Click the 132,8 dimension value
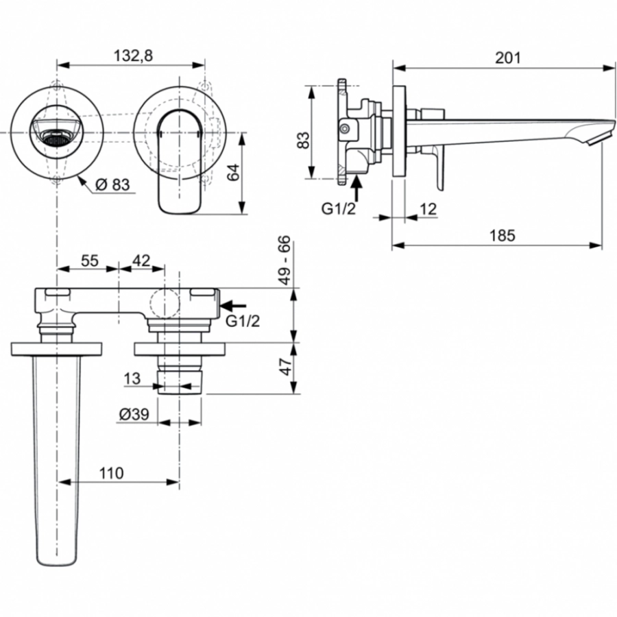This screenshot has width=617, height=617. point(130,56)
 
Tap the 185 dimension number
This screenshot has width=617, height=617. point(502,235)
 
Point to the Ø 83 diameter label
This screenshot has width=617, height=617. point(112,184)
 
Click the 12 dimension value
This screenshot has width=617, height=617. point(426,210)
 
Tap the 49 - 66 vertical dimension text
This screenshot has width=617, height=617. point(285,261)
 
